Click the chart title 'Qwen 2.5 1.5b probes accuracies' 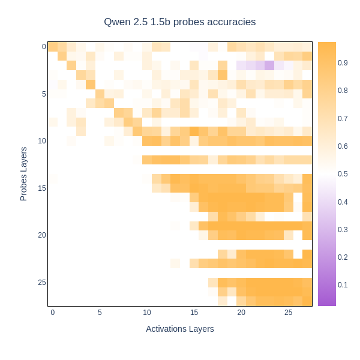pos(180,22)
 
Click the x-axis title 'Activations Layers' pos(180,329)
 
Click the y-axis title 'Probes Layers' pos(24,173)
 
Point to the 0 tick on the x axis pos(53,313)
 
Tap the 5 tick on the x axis pos(100,313)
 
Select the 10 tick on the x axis pos(147,313)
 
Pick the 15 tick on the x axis pos(194,313)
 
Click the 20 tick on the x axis pos(241,313)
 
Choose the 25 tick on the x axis pos(288,313)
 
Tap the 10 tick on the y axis pos(42,141)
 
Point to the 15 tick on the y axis pos(42,188)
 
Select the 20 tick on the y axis pos(42,235)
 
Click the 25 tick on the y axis pos(42,283)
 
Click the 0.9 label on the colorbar pos(343,62)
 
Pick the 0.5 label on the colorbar pos(343,174)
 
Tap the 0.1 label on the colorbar pos(343,284)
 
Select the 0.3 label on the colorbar pos(343,229)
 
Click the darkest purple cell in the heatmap pos(269,65)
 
